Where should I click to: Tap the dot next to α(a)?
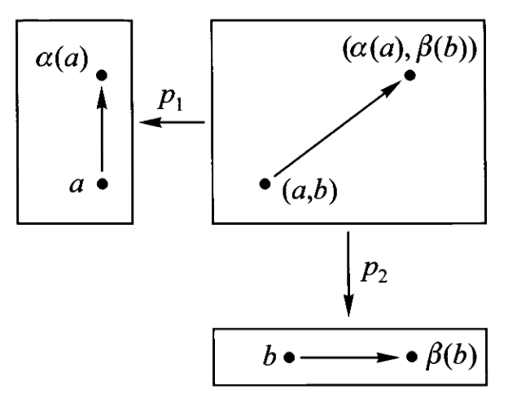coord(102,76)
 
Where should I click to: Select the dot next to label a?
coord(102,184)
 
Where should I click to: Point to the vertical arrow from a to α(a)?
coord(102,130)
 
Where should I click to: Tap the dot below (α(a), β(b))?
coord(411,76)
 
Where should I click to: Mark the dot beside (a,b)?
coord(265,184)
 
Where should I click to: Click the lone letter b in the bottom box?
coord(269,355)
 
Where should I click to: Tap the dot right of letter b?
coord(289,356)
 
